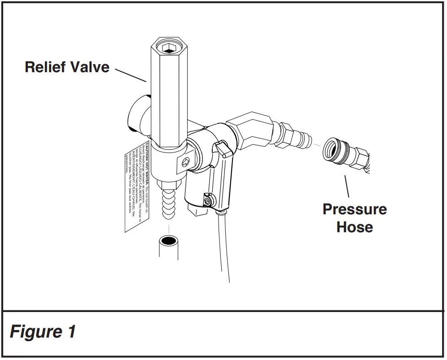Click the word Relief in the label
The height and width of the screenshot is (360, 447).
click(44, 67)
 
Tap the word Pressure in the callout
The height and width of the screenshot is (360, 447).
click(355, 209)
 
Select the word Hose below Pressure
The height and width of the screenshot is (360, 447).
click(355, 227)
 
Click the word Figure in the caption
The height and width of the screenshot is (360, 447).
click(36, 332)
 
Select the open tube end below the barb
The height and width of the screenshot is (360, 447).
click(169, 242)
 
